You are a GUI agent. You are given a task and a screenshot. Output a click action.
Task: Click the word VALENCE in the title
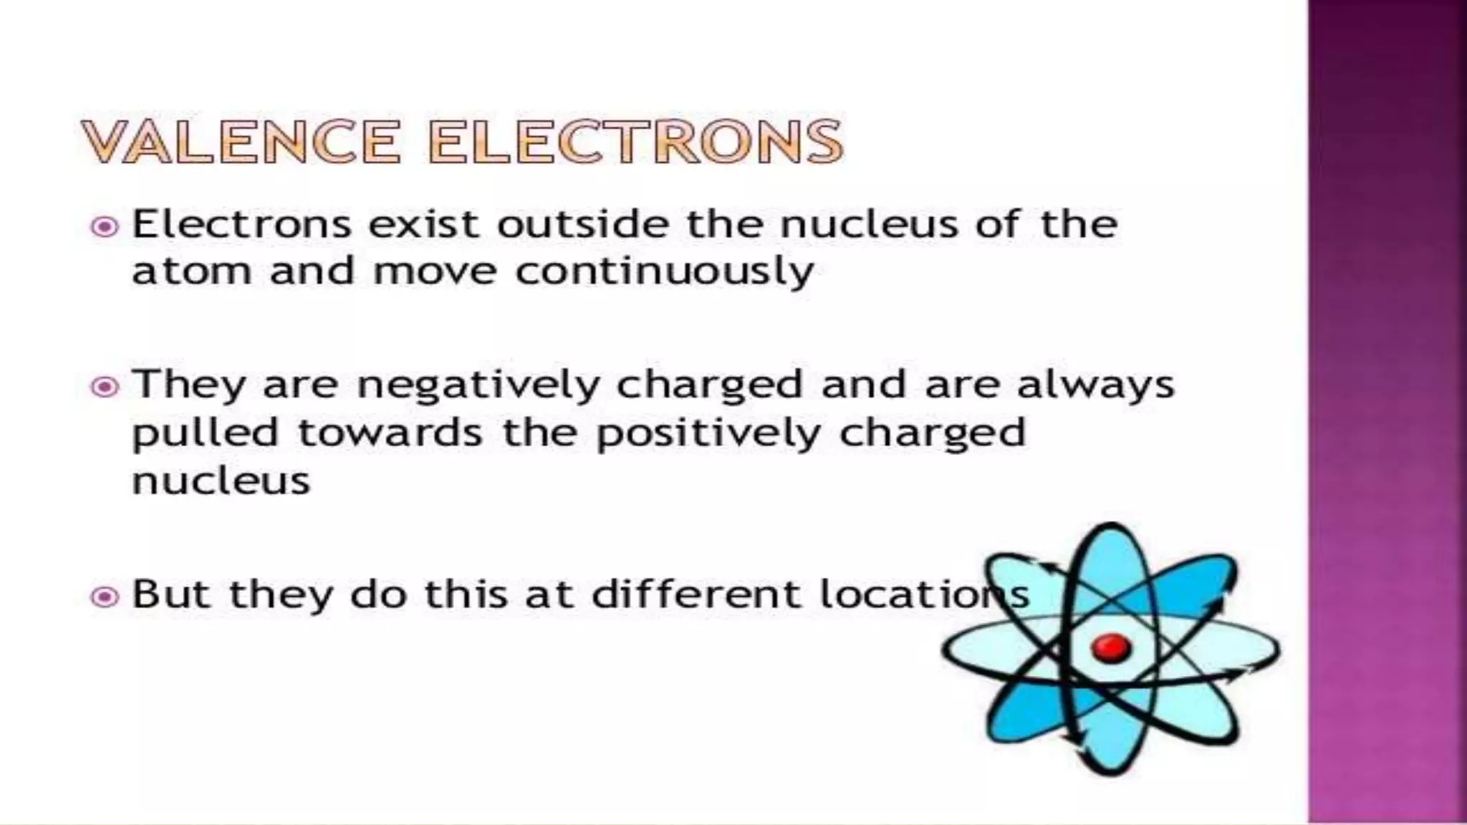pyautogui.click(x=241, y=141)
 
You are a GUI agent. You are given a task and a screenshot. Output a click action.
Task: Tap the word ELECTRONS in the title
pyautogui.click(x=636, y=141)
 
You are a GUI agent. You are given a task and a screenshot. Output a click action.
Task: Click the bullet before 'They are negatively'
pyautogui.click(x=105, y=387)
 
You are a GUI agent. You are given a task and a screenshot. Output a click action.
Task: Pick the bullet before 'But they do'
pyautogui.click(x=105, y=597)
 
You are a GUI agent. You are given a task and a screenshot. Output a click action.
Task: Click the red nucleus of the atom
pyautogui.click(x=1110, y=648)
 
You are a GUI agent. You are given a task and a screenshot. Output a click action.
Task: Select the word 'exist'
pyautogui.click(x=423, y=225)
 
